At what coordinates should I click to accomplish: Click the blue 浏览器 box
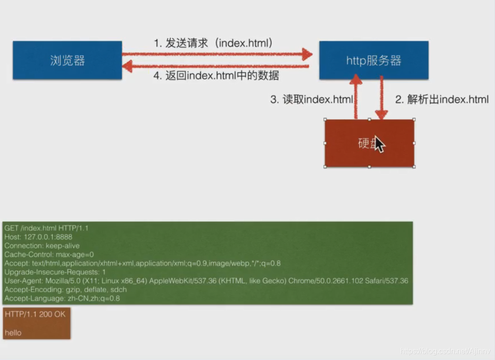click(67, 60)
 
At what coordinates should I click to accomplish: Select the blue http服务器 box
click(374, 60)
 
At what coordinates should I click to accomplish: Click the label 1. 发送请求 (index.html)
click(214, 43)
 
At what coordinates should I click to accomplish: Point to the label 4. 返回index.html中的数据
click(216, 76)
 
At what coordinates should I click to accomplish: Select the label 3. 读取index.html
click(312, 99)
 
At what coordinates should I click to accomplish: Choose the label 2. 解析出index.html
click(441, 99)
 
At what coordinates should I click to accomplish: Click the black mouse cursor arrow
click(379, 144)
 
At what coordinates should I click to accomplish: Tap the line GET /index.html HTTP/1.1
click(46, 228)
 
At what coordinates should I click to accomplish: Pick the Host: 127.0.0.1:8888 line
click(38, 237)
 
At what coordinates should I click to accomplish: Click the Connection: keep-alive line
click(42, 246)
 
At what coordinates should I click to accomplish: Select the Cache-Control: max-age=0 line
click(49, 254)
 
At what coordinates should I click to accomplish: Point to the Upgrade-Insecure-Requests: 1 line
click(55, 272)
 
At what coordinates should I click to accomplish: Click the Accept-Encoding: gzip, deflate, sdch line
click(65, 289)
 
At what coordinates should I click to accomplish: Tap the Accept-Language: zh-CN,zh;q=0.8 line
click(62, 298)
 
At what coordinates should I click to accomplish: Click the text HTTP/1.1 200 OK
click(36, 314)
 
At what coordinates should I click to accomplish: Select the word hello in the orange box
click(13, 333)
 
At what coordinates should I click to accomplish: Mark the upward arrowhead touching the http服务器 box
click(356, 81)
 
